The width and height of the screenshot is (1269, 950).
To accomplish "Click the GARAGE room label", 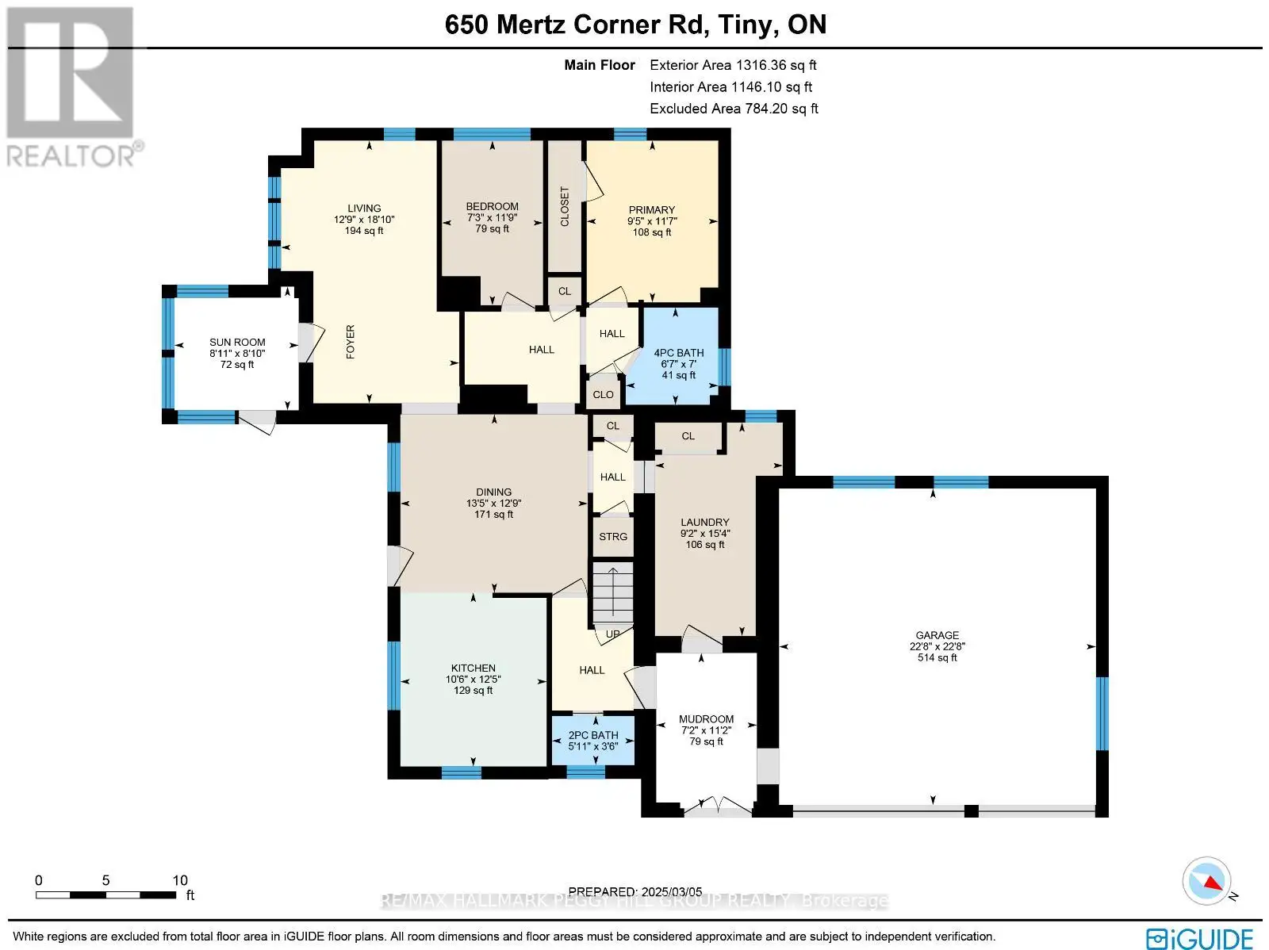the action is coord(937,634).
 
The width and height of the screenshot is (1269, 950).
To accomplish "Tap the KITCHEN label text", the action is coord(473,668).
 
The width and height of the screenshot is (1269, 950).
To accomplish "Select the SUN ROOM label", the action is coord(237,342).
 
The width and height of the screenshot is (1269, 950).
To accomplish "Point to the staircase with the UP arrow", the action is coord(613,597).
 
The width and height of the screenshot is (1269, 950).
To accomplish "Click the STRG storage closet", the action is coord(613,537).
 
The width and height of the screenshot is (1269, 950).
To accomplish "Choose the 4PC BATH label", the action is coord(679,353).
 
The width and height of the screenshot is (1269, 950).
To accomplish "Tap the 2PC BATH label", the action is coord(593,735).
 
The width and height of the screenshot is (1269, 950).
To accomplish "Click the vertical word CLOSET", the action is coord(565,206).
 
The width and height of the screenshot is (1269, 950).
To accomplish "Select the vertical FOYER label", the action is coord(351,342).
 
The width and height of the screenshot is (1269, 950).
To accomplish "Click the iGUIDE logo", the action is coord(1200,937).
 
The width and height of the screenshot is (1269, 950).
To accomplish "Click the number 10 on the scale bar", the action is coord(180,880).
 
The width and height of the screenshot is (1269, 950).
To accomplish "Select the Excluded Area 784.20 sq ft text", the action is coord(734,109).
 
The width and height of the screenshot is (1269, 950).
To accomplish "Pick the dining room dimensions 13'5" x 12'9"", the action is coord(494,504).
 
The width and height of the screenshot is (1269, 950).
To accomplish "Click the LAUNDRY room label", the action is coord(705,522).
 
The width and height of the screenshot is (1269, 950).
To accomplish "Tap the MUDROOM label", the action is coord(706,719).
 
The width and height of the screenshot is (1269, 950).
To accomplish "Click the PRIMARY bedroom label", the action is coord(652,210).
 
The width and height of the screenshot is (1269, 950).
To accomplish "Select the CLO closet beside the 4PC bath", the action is coord(603,395).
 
